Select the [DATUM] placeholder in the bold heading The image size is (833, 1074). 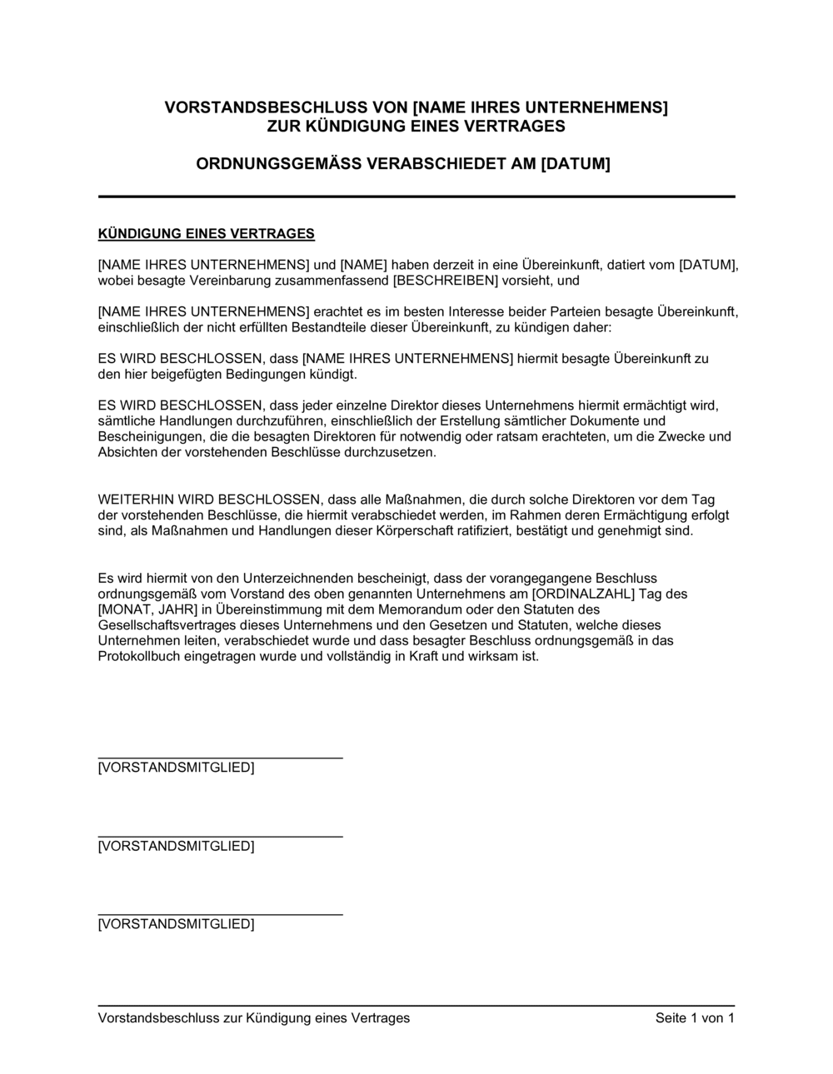576,164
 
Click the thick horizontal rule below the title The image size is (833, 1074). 416,196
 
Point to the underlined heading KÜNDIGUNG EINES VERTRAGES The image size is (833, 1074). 207,233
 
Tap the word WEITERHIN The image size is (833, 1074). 132,500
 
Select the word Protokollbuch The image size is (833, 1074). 137,656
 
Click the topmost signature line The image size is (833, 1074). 220,758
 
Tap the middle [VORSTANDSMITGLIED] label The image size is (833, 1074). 176,846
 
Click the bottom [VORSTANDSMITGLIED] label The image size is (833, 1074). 176,924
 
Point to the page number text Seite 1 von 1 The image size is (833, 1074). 695,1018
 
